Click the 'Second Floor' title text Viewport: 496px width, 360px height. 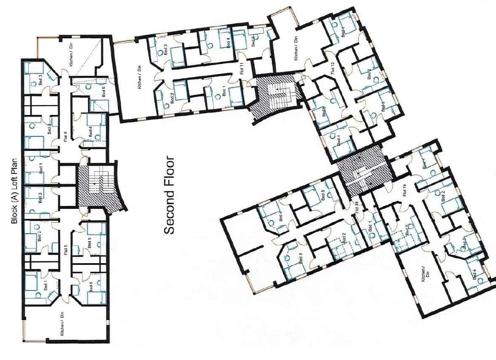[x=169, y=195]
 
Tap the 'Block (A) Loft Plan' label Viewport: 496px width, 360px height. [x=16, y=190]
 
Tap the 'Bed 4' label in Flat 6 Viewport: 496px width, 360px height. [x=91, y=132]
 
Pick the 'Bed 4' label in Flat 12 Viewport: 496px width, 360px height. [x=339, y=140]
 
